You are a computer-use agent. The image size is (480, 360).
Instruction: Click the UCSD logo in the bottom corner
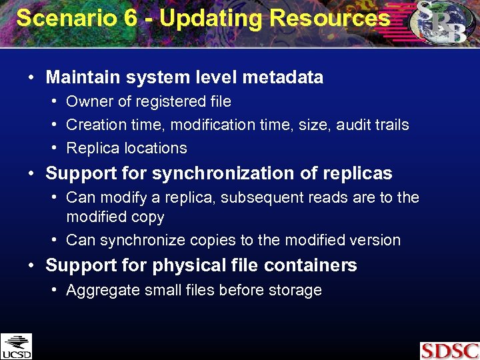click(16, 346)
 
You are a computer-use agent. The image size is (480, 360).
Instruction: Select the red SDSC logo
click(449, 351)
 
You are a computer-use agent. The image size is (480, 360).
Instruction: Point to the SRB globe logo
click(440, 24)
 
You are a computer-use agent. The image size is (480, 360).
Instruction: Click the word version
click(375, 240)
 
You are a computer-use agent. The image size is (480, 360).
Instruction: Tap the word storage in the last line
click(297, 290)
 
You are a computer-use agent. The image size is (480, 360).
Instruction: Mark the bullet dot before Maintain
click(31, 78)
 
